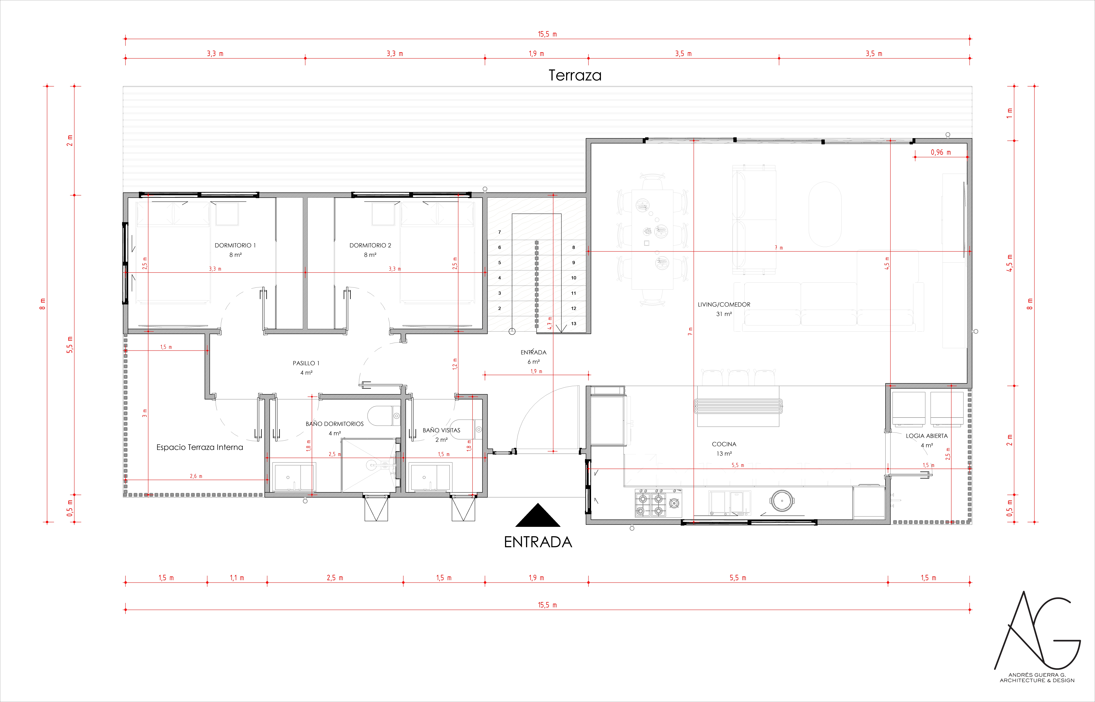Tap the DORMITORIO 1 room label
coord(235,245)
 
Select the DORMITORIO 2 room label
coord(370,245)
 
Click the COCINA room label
coord(724,444)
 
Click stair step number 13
coord(574,324)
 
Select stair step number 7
coord(499,232)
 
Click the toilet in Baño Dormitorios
coord(384,416)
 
